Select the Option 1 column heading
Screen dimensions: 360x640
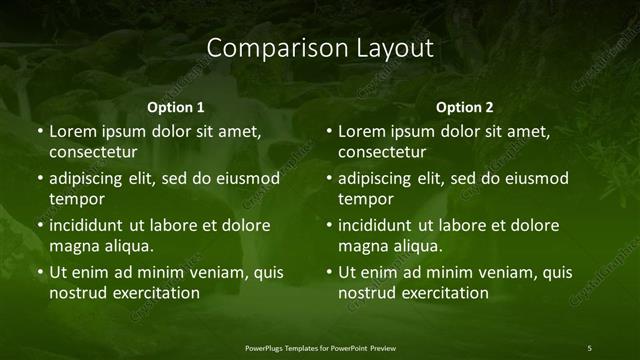176,106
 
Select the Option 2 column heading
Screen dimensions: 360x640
465,106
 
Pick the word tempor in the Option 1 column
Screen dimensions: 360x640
75,199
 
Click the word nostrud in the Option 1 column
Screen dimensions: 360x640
76,293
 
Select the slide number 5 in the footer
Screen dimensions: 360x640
589,347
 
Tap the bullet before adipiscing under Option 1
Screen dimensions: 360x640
41,179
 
